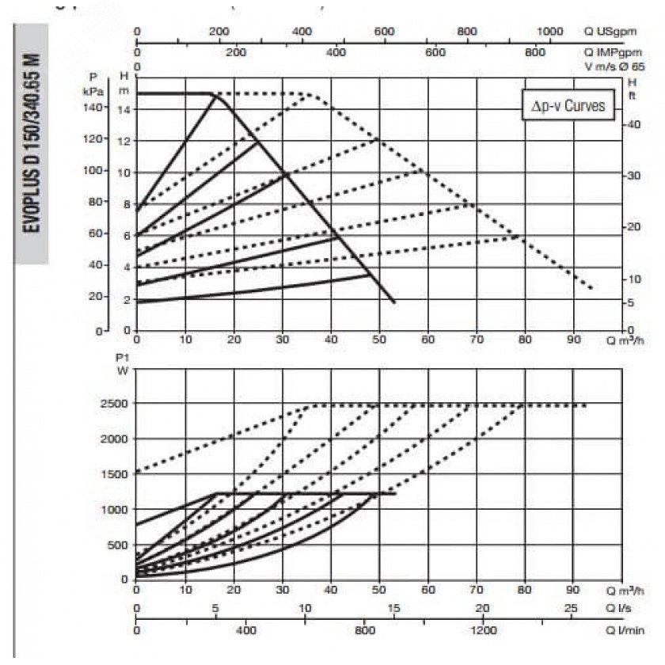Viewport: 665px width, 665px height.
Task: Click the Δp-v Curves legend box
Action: click(568, 106)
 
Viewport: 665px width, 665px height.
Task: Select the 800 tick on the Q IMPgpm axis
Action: click(536, 52)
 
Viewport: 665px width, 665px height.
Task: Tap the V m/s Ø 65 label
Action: click(615, 67)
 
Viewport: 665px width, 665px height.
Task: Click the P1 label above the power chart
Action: click(121, 358)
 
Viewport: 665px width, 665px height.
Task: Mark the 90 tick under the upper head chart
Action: click(573, 340)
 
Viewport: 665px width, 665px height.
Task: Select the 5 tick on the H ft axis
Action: click(632, 303)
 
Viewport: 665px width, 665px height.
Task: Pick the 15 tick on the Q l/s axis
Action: click(394, 608)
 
